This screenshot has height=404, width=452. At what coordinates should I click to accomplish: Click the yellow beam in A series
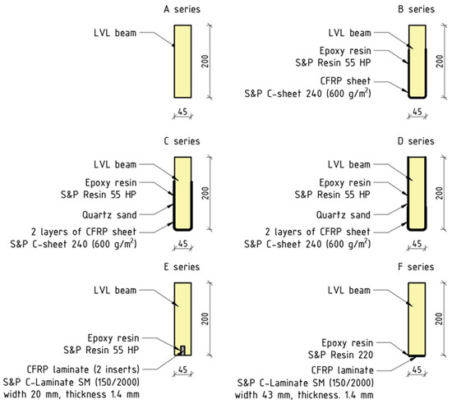pyautogui.click(x=182, y=61)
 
